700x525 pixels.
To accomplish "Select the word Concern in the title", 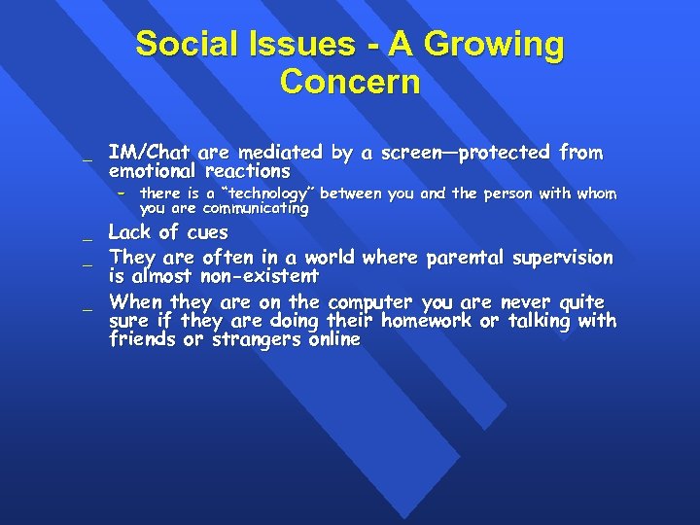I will (350, 82).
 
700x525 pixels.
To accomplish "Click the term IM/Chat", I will (149, 153).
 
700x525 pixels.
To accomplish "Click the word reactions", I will (247, 171).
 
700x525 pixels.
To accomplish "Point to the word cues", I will (204, 232).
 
